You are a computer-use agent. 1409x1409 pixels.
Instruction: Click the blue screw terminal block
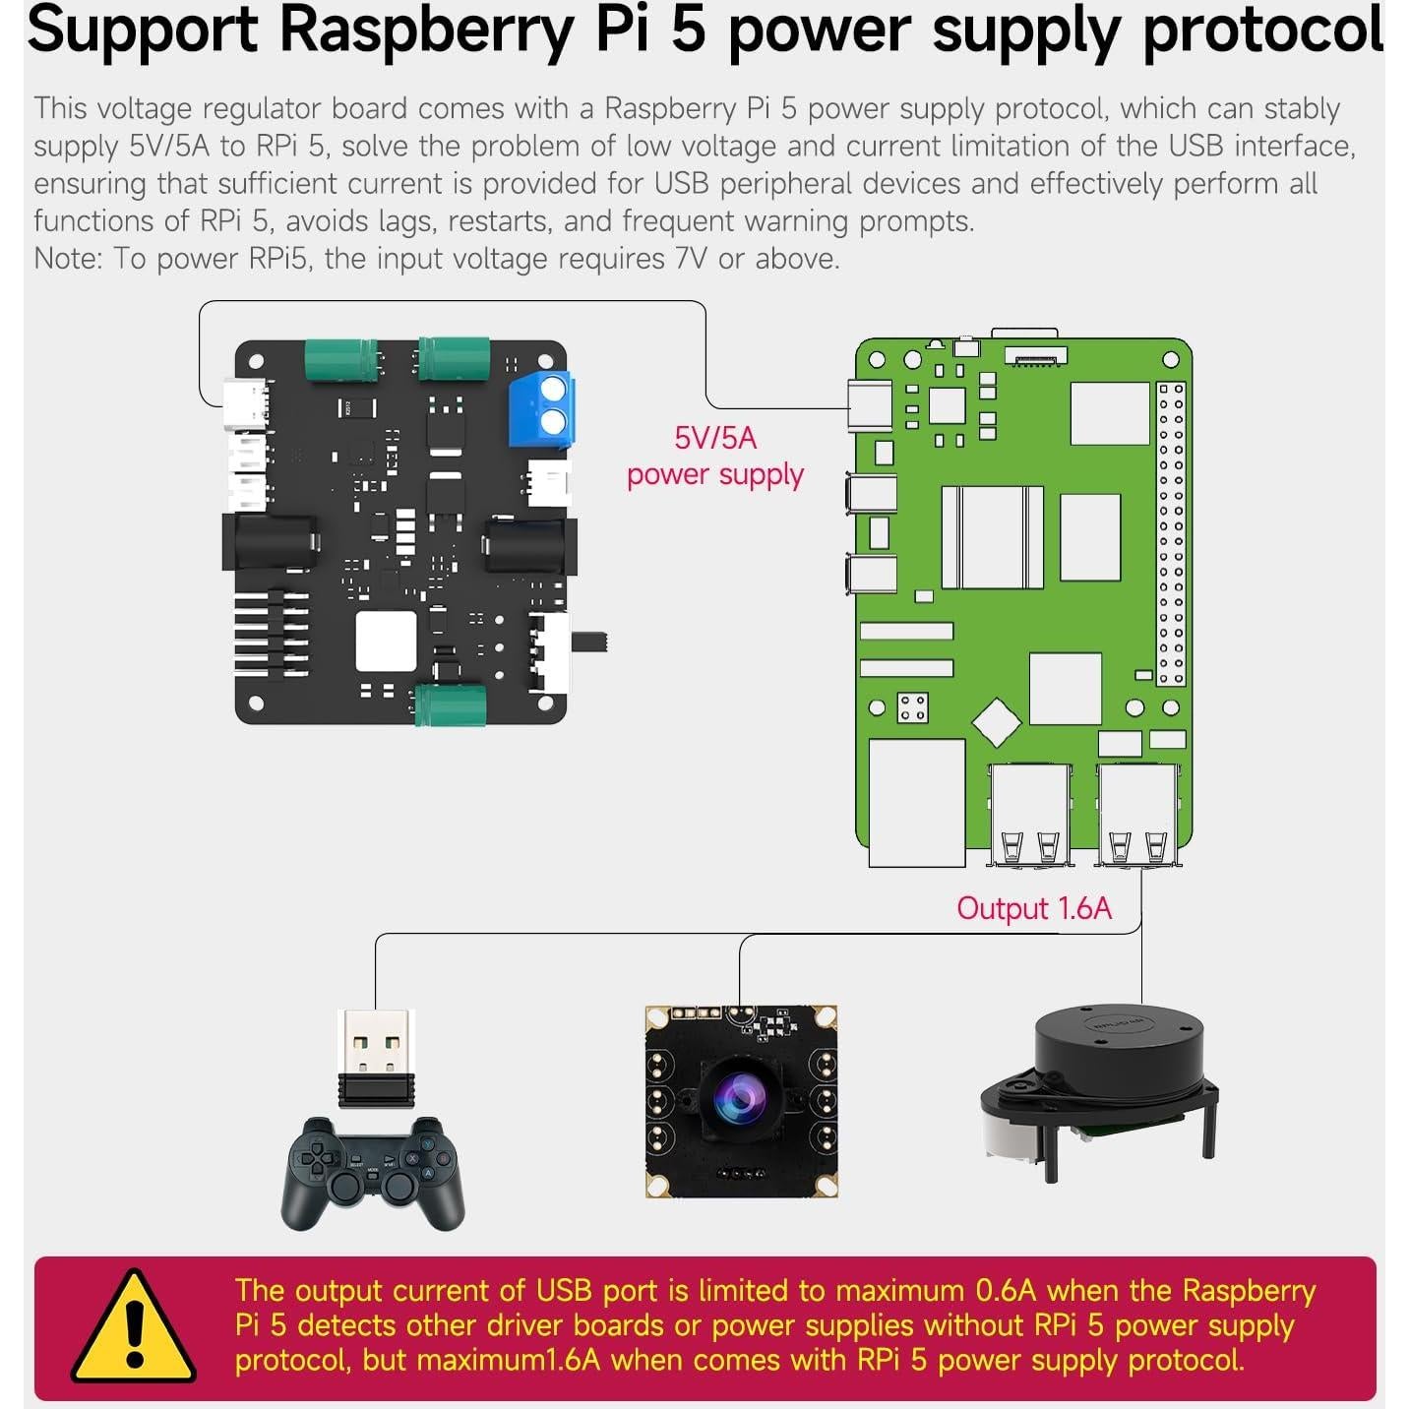[x=541, y=410]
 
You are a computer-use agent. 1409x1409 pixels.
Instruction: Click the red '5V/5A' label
[x=715, y=438]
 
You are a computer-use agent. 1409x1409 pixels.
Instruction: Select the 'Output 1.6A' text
[x=1034, y=908]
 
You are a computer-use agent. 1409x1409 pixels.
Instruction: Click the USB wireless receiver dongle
[x=376, y=1059]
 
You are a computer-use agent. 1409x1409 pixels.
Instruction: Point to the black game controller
[x=375, y=1173]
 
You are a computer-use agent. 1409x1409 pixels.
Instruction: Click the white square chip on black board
[x=386, y=641]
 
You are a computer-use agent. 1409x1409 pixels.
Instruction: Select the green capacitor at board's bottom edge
[x=451, y=705]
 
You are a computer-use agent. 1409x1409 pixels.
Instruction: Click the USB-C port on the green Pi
[x=870, y=406]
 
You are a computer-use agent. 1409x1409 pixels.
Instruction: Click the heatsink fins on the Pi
[x=992, y=537]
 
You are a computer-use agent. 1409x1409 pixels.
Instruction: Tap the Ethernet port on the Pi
[x=916, y=803]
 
